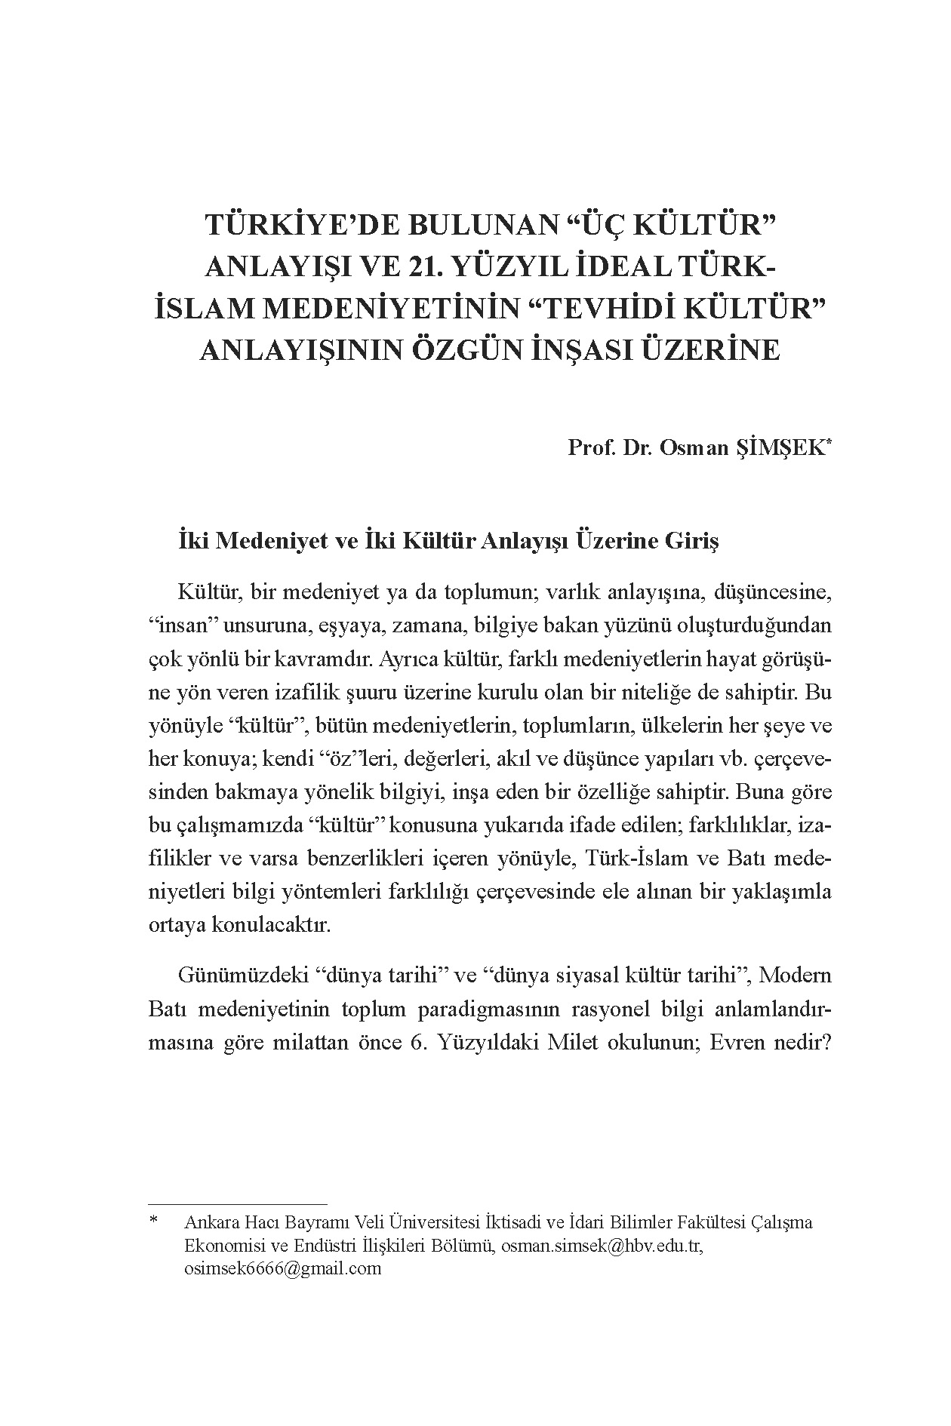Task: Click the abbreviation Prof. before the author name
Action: [591, 448]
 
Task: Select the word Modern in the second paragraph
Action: [796, 976]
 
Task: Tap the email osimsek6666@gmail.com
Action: [283, 1268]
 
